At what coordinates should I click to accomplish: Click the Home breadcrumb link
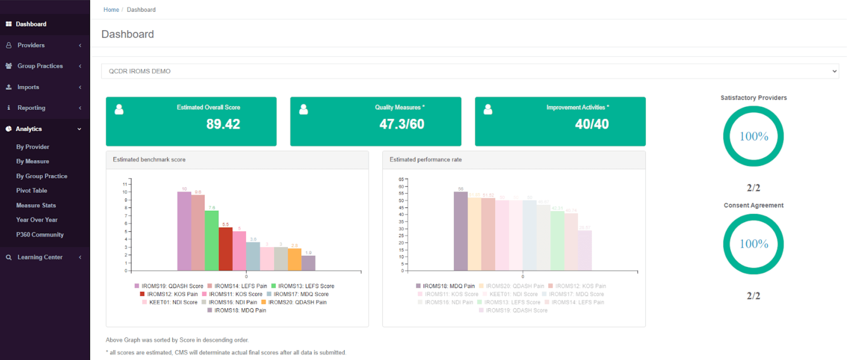pos(111,10)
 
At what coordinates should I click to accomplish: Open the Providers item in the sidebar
pos(31,45)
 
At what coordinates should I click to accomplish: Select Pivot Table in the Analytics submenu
pos(31,191)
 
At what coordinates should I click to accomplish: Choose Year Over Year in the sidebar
pos(37,220)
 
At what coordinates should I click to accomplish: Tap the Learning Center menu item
pos(40,257)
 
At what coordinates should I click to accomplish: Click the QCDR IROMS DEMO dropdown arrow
pos(834,71)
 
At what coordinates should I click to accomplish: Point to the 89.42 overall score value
pos(223,124)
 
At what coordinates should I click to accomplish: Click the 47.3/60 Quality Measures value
pos(402,124)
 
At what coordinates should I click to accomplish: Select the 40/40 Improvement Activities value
pos(591,124)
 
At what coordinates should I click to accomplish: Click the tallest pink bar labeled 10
pos(184,231)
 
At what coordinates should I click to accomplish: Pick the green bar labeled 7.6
pos(211,241)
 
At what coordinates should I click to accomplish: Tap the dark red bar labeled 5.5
pos(226,249)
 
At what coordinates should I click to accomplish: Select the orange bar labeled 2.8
pos(294,260)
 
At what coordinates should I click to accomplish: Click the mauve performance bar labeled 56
pos(460,231)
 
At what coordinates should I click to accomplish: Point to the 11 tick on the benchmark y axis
pos(125,184)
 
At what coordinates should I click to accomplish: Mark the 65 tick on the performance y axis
pos(401,180)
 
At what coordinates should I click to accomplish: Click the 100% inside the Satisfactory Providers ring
pos(754,137)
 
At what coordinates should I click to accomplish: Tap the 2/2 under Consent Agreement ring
pos(753,296)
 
